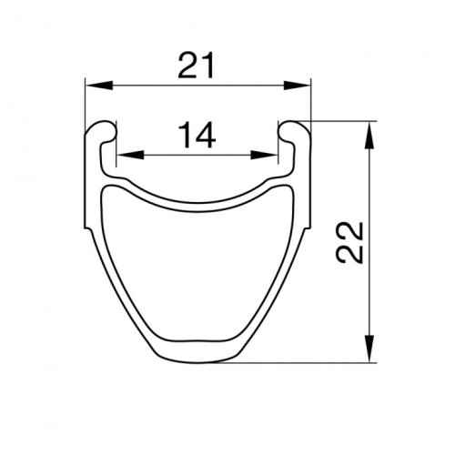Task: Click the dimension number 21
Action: pos(197,66)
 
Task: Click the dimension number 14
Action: pos(197,135)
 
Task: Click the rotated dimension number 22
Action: pos(349,243)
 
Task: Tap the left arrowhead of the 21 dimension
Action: pos(99,86)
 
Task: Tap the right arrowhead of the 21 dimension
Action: pos(298,86)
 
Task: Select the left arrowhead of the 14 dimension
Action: pos(130,155)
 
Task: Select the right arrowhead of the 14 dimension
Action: pos(264,155)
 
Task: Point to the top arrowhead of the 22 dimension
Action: pos(369,135)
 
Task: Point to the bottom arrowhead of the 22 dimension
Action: pos(369,349)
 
